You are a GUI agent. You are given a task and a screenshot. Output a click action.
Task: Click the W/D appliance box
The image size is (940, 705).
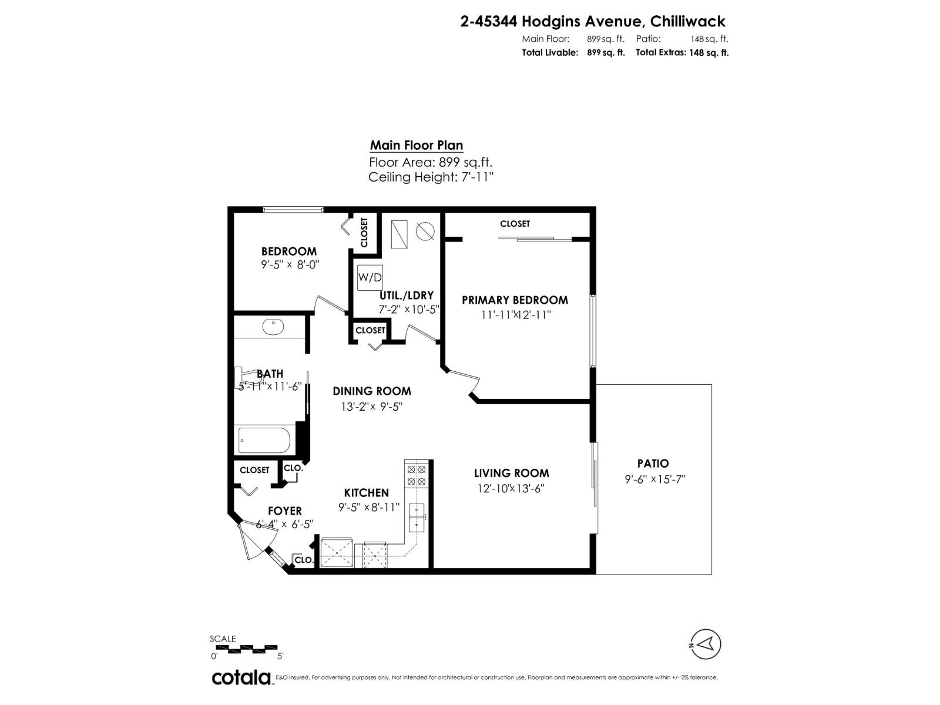click(370, 277)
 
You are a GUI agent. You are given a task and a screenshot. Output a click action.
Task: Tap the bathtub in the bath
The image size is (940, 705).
click(264, 440)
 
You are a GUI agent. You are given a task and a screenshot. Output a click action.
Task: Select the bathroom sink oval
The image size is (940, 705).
click(273, 326)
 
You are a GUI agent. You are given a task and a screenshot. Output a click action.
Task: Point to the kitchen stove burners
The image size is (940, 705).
click(417, 475)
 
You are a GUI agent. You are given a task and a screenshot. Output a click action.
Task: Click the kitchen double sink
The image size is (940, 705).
click(417, 512)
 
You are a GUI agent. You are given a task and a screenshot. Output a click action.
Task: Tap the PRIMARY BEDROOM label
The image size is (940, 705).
click(515, 300)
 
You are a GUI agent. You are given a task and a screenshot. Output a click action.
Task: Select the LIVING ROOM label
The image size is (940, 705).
click(511, 473)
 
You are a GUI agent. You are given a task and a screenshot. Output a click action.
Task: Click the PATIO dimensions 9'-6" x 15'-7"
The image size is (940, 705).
click(655, 479)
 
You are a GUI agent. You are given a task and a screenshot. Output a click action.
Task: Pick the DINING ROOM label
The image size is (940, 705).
click(372, 391)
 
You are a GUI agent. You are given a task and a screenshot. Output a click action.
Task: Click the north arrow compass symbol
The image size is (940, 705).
click(706, 643)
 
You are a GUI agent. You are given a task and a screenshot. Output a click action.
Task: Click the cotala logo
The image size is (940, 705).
click(241, 677)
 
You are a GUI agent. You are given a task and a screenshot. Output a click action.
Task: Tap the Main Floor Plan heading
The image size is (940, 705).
click(417, 145)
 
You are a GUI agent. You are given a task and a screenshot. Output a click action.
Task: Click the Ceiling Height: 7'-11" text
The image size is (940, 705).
click(431, 177)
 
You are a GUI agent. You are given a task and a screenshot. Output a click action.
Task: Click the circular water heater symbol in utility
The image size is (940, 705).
click(425, 231)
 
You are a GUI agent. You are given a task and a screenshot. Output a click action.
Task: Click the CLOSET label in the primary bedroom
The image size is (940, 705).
click(515, 224)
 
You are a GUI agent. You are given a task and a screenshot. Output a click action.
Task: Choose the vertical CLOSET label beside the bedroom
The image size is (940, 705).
click(364, 232)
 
